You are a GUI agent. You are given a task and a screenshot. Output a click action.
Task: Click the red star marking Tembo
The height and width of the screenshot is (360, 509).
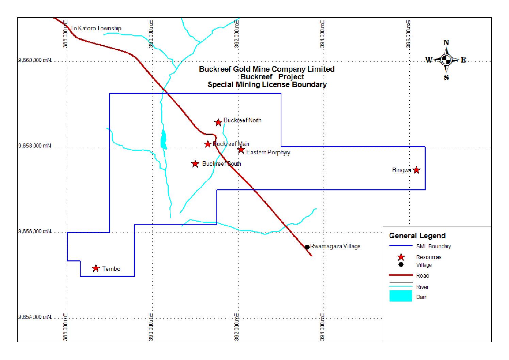[96, 268]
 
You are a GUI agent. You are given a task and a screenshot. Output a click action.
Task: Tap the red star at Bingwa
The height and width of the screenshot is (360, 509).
[416, 170]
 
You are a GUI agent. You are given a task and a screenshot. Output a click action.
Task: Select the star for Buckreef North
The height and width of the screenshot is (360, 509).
[218, 122]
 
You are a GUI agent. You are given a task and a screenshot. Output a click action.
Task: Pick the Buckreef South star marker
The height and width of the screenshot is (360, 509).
[195, 164]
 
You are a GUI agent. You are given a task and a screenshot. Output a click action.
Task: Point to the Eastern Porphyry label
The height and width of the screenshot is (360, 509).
[268, 153]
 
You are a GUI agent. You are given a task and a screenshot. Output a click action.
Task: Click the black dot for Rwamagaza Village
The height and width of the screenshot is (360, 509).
[307, 247]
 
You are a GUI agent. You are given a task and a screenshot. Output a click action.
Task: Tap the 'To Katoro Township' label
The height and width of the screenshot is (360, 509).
[96, 28]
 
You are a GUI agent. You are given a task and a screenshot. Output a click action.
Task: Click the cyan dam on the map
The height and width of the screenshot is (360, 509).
[163, 139]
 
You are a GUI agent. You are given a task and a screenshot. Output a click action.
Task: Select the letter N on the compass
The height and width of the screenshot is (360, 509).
[446, 43]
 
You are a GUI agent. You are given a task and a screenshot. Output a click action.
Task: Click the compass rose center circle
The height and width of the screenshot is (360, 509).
[446, 60]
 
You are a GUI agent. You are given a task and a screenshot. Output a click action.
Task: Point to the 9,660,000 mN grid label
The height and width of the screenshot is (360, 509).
[35, 61]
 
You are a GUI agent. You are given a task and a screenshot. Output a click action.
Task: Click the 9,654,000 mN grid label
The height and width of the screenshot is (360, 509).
[35, 317]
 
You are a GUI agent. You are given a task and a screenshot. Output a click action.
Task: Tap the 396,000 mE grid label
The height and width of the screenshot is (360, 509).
[408, 34]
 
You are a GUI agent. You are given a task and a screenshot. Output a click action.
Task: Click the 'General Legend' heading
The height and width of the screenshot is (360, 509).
[417, 236]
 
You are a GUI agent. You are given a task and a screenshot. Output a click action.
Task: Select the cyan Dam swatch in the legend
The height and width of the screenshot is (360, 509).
[400, 296]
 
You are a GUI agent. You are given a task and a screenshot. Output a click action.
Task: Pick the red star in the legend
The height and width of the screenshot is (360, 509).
[401, 257]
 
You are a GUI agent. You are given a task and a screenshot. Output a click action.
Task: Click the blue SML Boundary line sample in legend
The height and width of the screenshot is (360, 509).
[400, 245]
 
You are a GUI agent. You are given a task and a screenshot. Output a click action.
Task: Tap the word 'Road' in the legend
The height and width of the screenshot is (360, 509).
[422, 276]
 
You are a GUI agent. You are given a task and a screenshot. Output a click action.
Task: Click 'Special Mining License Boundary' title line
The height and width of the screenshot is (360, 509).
[267, 85]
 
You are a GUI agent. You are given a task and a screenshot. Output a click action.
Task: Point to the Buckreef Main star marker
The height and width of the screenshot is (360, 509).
[208, 144]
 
